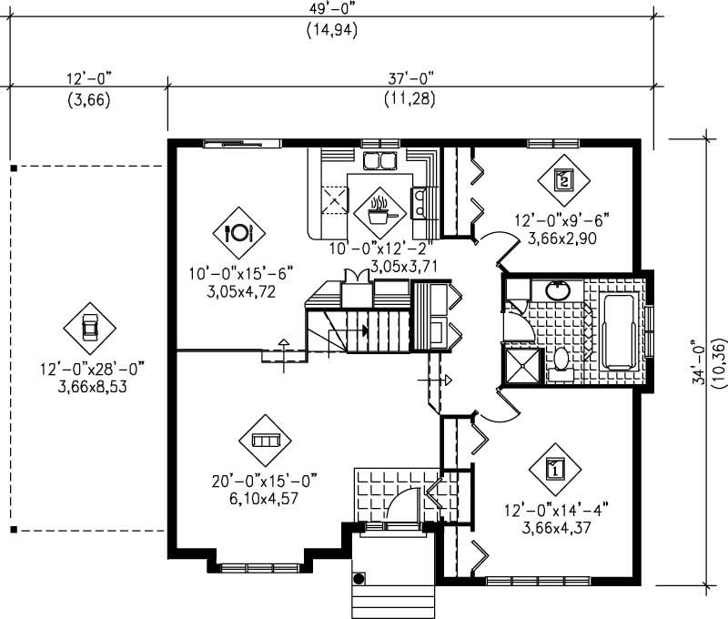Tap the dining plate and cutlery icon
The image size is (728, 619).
[x=238, y=232]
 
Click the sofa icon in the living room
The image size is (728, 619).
[x=265, y=441]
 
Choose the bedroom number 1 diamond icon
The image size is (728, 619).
[x=554, y=469]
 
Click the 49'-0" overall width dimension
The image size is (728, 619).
[x=331, y=8]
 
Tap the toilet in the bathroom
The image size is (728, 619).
[x=558, y=360]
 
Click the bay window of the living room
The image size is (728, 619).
[x=260, y=565]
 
